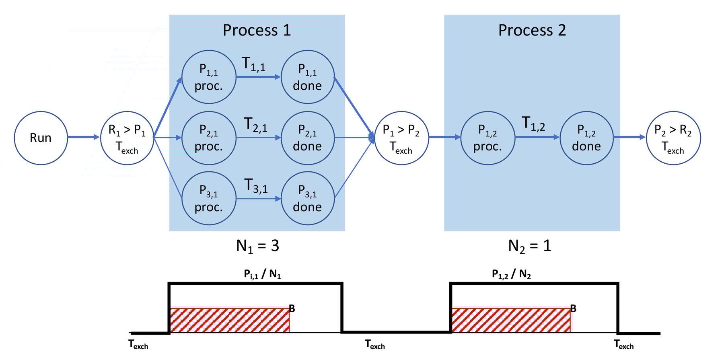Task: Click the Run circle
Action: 41,138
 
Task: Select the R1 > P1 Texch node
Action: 127,138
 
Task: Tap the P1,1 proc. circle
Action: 208,77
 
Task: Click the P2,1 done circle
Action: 307,138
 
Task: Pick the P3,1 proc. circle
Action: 208,199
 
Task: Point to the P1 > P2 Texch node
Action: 401,138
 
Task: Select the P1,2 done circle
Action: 586,138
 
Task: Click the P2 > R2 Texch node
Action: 673,138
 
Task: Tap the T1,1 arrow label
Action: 253,64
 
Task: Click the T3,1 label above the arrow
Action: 256,186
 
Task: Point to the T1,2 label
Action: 533,123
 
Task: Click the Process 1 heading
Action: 257,31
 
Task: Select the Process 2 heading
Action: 532,31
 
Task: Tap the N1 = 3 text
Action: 257,246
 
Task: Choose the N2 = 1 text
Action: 529,246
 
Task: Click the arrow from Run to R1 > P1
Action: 83,138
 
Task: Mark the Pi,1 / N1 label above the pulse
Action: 262,274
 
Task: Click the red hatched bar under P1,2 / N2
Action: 511,320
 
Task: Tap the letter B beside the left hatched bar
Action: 292,309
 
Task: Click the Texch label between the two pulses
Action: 375,345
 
